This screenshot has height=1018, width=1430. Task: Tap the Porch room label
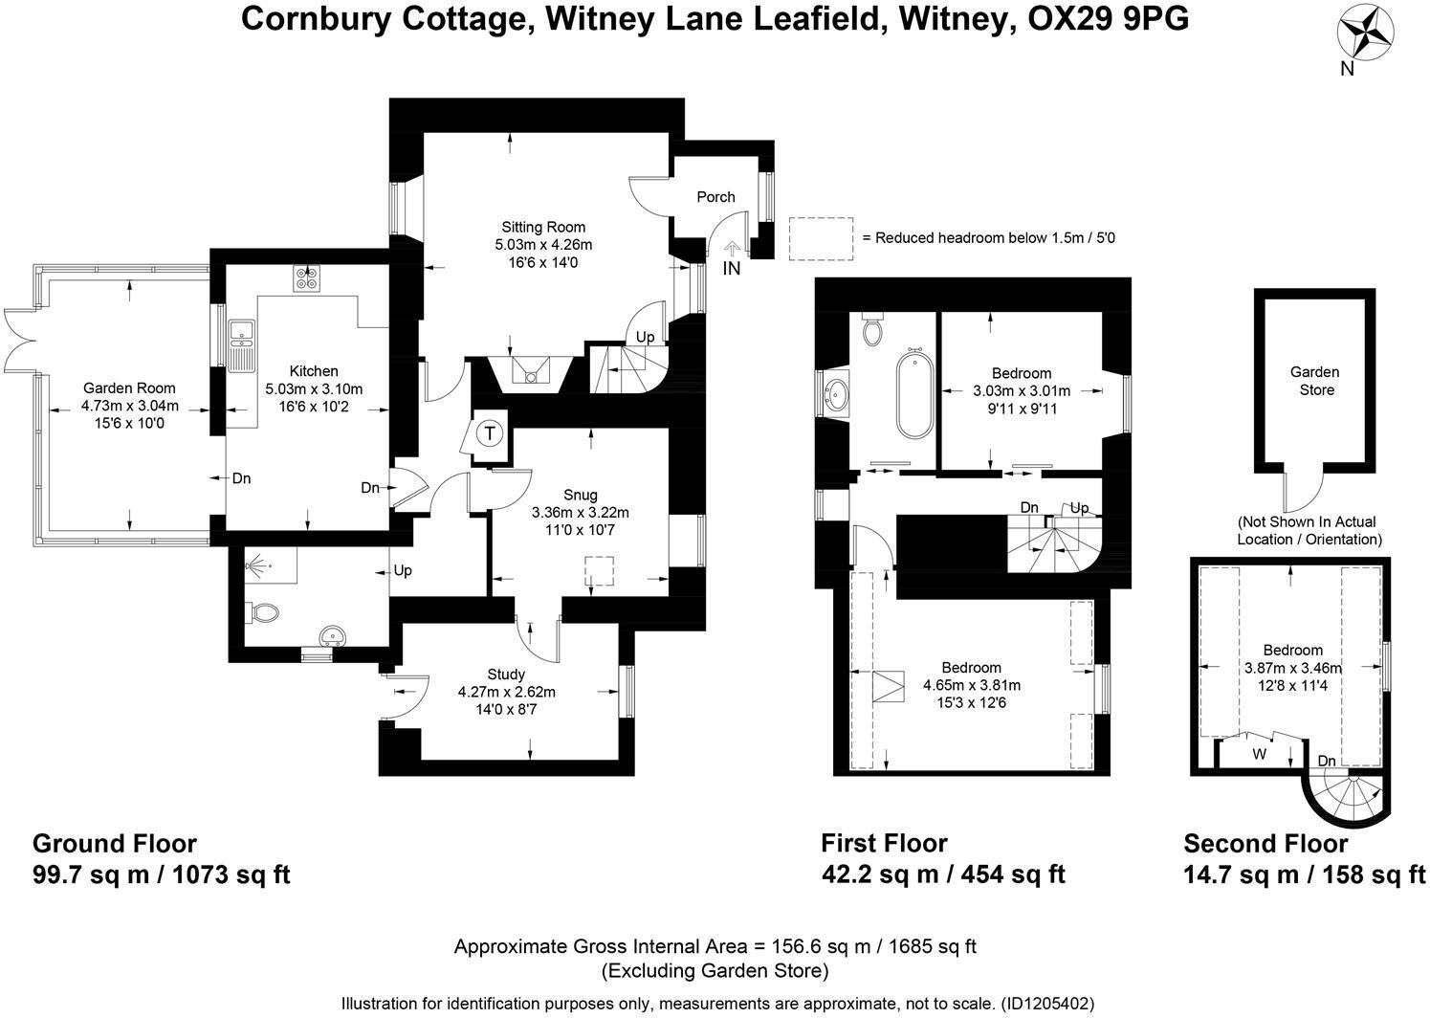[x=715, y=197]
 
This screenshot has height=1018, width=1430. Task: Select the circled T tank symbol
[x=490, y=433]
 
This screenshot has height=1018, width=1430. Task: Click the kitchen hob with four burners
[x=308, y=277]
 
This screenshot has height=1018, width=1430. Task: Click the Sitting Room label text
[x=543, y=228]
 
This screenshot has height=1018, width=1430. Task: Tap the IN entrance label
[x=731, y=269]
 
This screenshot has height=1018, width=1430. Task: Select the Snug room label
[x=580, y=495]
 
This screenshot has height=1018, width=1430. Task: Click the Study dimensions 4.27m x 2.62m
[x=507, y=692]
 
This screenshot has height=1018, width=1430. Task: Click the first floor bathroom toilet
[x=872, y=329]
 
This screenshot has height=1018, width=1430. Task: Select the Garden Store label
[x=1315, y=381]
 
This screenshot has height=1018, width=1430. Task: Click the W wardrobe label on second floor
[x=1260, y=753]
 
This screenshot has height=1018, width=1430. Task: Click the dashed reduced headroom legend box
[x=820, y=238]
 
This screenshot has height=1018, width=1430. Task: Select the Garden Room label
[x=129, y=387]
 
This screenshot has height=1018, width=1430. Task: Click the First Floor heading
[x=884, y=843]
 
